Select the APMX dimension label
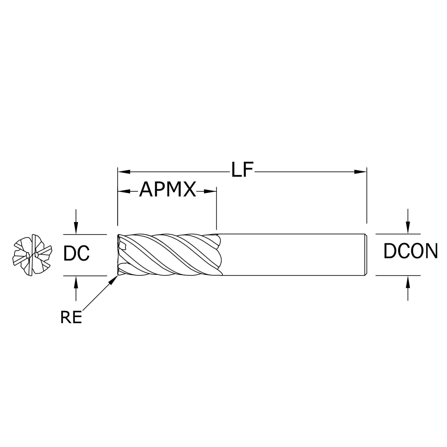coord(168,190)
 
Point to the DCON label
coord(410,251)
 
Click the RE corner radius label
coord(71,318)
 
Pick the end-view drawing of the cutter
coord(32,254)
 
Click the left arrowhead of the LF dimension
coord(124,172)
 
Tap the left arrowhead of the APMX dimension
coord(124,191)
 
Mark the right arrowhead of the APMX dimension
coord(210,191)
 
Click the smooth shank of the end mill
coord(292,255)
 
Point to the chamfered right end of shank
coord(366,255)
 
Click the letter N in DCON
coord(431,251)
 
